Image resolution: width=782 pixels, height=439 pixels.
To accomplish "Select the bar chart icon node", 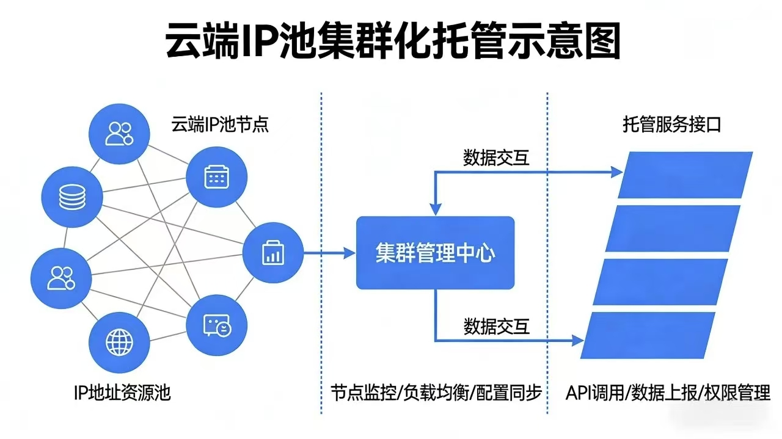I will (273, 252).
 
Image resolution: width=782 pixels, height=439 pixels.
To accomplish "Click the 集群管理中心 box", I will (435, 253).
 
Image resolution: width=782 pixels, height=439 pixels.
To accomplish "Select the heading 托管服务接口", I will (672, 126).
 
